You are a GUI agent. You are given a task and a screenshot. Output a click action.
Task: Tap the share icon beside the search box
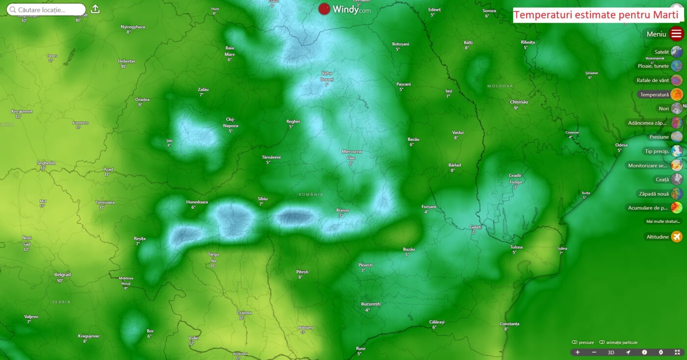(95, 9)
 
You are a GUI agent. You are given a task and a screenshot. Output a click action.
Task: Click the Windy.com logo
(344, 9)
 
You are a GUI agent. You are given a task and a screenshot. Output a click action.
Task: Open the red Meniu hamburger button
(677, 34)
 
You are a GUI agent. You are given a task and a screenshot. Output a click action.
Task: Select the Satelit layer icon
(677, 51)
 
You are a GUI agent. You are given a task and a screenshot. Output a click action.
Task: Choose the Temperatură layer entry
(655, 94)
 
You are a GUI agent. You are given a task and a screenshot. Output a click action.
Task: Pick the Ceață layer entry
(662, 180)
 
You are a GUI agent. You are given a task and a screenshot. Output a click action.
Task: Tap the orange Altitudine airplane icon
(677, 237)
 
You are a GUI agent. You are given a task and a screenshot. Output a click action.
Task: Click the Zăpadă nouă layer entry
(655, 194)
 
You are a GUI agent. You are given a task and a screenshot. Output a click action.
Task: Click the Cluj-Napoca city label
(230, 122)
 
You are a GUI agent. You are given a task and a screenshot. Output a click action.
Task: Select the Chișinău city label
(519, 102)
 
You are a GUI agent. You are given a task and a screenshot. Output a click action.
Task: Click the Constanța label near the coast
(509, 324)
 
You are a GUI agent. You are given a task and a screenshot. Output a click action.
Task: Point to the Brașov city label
(343, 210)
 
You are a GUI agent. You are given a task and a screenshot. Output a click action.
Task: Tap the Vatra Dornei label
(327, 76)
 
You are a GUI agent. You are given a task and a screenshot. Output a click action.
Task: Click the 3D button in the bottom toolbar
(611, 352)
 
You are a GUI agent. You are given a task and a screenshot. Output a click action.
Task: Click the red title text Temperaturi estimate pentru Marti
(598, 15)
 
